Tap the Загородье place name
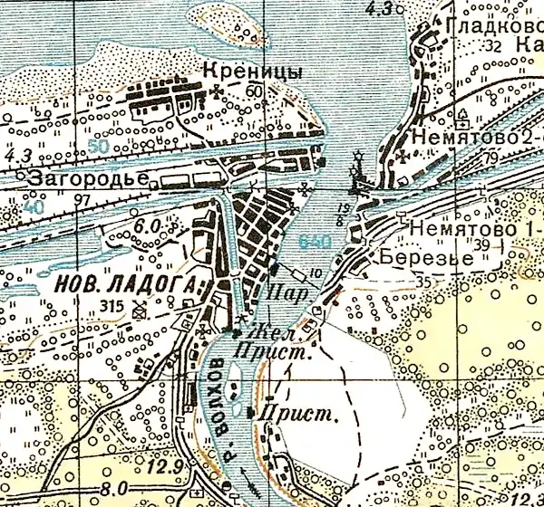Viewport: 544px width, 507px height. tap(86, 178)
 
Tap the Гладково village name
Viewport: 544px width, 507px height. tap(489, 27)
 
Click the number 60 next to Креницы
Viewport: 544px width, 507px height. tap(252, 91)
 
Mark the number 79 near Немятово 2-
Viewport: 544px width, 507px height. tap(517, 160)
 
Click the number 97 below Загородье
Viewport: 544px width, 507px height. tap(84, 199)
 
